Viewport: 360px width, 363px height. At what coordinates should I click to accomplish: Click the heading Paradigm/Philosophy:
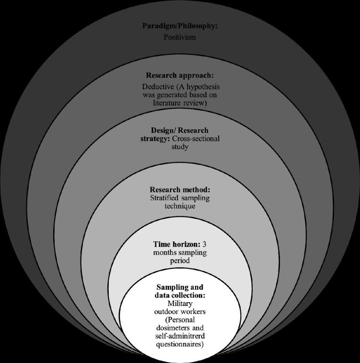coord(180,25)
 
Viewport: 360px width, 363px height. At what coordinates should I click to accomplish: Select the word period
coord(180,260)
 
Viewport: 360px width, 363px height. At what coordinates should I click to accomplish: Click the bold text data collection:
coord(181,295)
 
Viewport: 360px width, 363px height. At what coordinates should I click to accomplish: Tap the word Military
coord(180,303)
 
